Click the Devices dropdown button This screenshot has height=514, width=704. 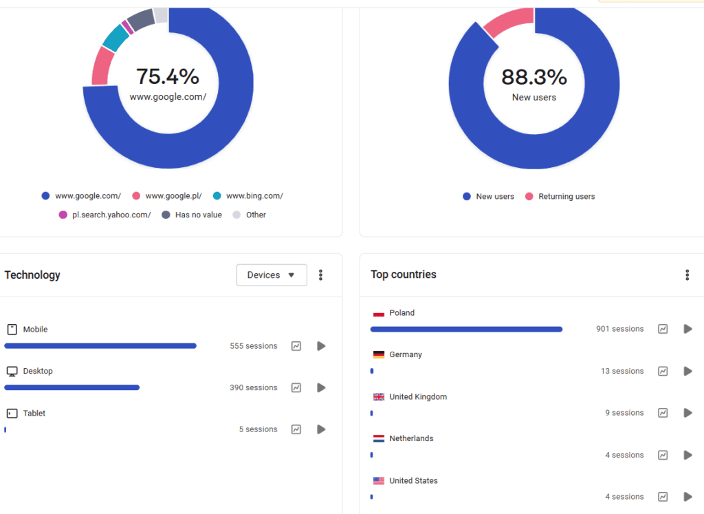pyautogui.click(x=272, y=275)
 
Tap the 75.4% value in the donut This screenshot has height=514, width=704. pyautogui.click(x=168, y=76)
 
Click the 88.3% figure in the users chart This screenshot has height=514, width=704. pyautogui.click(x=534, y=76)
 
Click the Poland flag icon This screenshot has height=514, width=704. pyautogui.click(x=378, y=313)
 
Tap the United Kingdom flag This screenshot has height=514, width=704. pyautogui.click(x=378, y=397)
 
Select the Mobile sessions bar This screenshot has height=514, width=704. pyautogui.click(x=100, y=346)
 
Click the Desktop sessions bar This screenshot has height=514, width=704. pyautogui.click(x=72, y=387)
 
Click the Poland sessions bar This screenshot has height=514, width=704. pyautogui.click(x=466, y=330)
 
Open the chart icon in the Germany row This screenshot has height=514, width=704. pyautogui.click(x=663, y=371)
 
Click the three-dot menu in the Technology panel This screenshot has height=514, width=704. pyautogui.click(x=320, y=275)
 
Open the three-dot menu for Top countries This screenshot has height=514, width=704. pyautogui.click(x=687, y=275)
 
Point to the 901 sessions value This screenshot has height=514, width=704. pyautogui.click(x=619, y=329)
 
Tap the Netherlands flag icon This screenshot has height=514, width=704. pyautogui.click(x=378, y=439)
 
